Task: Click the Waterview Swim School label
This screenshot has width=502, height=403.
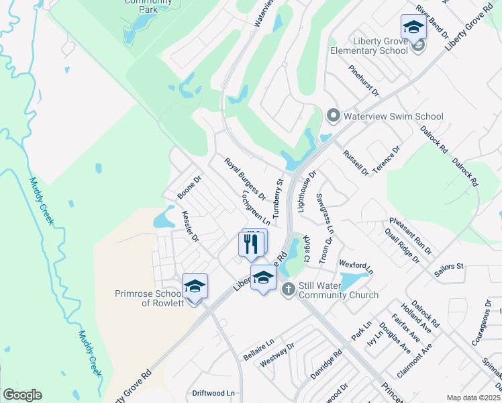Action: pyautogui.click(x=393, y=116)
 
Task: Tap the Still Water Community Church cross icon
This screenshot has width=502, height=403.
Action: pyautogui.click(x=289, y=289)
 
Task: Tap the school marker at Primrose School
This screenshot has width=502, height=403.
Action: pyautogui.click(x=195, y=287)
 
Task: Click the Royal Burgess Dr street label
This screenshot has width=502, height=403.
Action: pyautogui.click(x=245, y=179)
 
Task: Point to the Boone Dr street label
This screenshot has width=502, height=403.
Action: pyautogui.click(x=189, y=188)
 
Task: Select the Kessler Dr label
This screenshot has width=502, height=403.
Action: pyautogui.click(x=191, y=226)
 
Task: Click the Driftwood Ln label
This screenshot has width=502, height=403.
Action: pyautogui.click(x=215, y=393)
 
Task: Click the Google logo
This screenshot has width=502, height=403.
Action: pyautogui.click(x=22, y=395)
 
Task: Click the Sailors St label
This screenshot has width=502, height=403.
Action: pyautogui.click(x=449, y=267)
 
